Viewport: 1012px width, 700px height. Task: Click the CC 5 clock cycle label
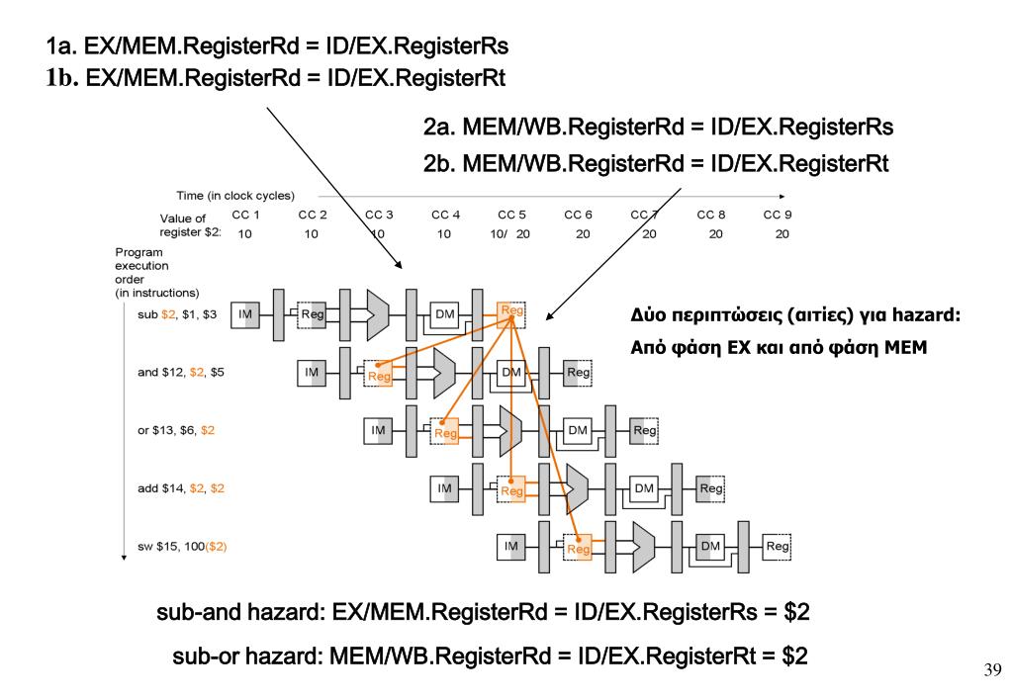tap(510, 215)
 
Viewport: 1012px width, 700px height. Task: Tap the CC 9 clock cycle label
tap(778, 215)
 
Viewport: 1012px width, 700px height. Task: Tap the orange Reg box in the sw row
tap(579, 546)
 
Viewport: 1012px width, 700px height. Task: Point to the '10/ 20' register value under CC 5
tap(510, 234)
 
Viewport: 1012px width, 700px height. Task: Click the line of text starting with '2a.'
tap(658, 129)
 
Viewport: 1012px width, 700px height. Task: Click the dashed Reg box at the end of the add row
tap(711, 487)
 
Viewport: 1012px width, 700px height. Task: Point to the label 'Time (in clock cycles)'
tap(235, 196)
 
